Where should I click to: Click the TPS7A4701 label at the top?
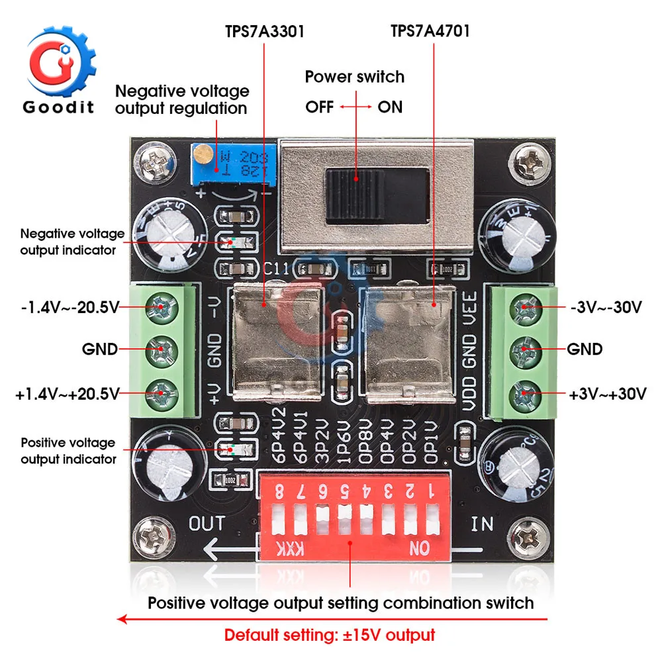tap(430, 31)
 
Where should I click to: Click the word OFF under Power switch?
tap(320, 107)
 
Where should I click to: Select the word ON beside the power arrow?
tap(390, 107)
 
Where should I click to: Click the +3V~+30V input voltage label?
tap(606, 394)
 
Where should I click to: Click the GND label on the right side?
tap(585, 349)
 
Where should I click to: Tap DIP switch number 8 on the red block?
tap(281, 520)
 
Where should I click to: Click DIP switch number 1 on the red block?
tap(432, 520)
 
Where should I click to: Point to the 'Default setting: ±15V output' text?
tap(330, 635)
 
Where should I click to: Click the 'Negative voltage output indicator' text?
tap(72, 241)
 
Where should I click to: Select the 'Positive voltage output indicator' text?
tap(68, 451)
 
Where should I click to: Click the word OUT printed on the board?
tap(207, 524)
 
